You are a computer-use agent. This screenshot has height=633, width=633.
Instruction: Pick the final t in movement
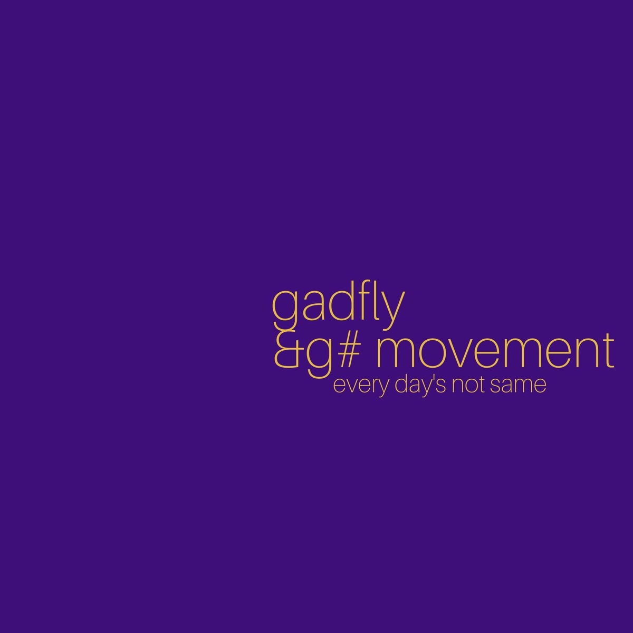(x=608, y=351)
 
